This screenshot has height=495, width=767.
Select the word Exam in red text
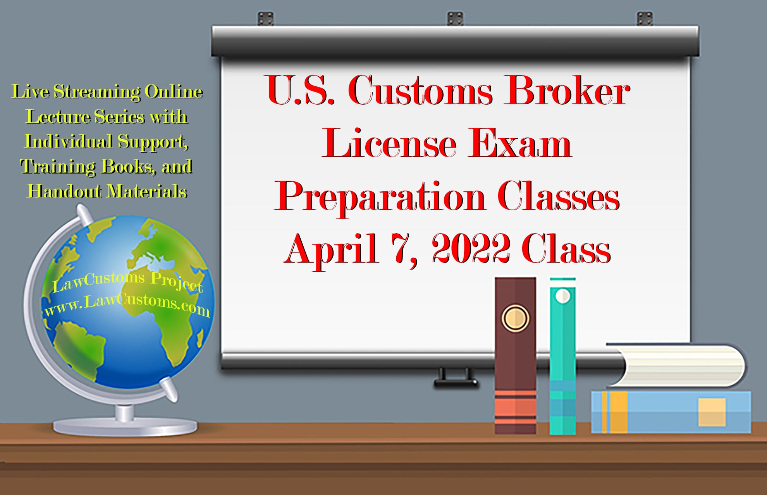519,144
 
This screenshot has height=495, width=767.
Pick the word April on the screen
332,249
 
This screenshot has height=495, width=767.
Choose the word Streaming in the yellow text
97,92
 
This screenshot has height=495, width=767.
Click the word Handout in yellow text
64,191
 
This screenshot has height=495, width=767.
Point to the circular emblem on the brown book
515,318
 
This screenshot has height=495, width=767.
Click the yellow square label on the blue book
712,412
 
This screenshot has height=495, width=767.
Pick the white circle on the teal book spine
562,296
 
